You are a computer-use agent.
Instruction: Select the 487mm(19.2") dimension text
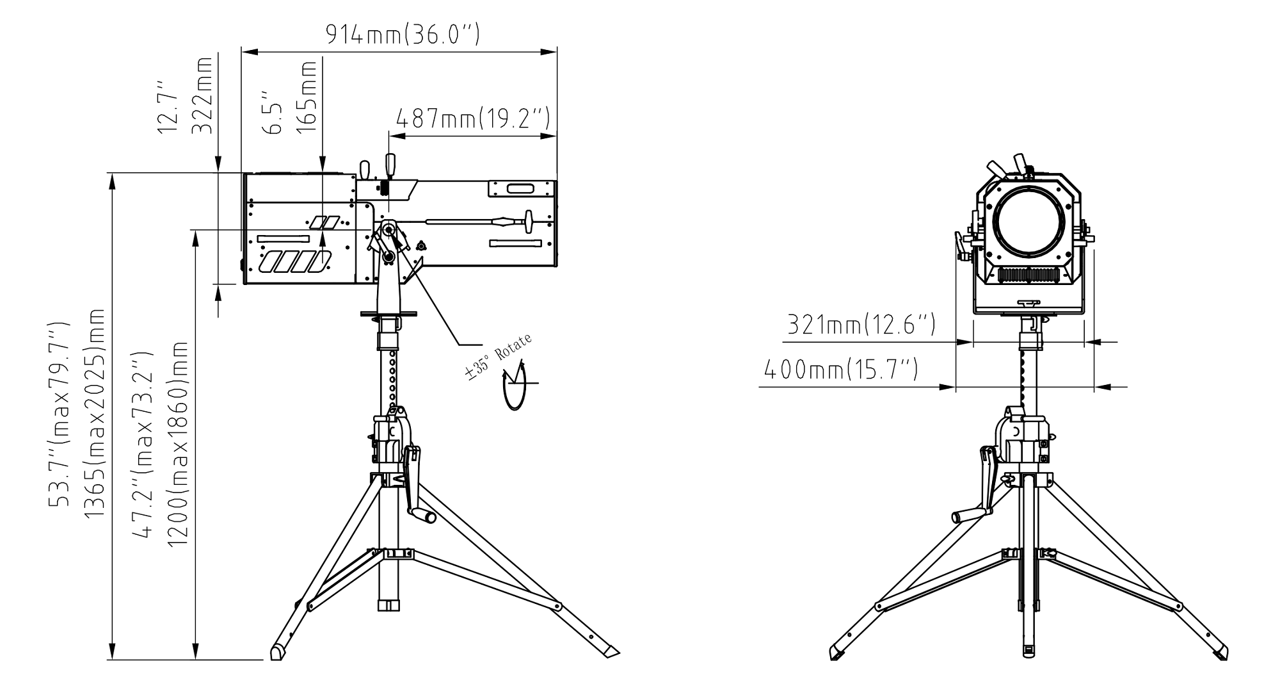click(472, 119)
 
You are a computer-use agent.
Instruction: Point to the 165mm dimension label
click(308, 96)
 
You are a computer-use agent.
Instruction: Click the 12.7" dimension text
click(168, 106)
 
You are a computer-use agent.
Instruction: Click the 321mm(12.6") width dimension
click(860, 325)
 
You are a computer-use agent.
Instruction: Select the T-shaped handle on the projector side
click(529, 222)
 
